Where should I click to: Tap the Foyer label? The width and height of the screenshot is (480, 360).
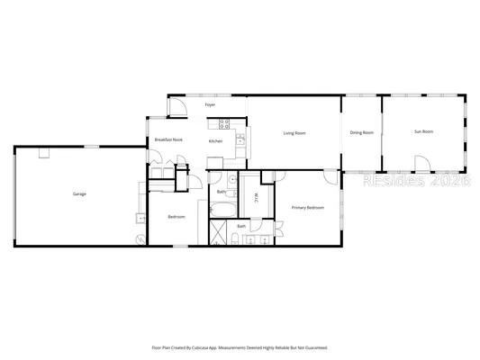(x=210, y=105)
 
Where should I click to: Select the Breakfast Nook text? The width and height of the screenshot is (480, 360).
(x=168, y=139)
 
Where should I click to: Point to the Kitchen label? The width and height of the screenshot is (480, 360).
(x=215, y=141)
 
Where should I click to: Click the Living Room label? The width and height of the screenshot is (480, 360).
(x=294, y=133)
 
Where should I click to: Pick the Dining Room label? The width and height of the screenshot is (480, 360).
(x=362, y=133)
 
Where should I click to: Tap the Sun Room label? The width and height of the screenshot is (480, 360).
(x=423, y=132)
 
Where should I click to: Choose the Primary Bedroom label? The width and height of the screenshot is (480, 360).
(x=307, y=208)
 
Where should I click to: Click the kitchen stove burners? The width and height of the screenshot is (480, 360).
(x=225, y=123)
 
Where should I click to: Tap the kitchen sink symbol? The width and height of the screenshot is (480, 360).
(x=240, y=139)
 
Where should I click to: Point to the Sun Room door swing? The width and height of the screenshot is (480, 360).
(x=421, y=163)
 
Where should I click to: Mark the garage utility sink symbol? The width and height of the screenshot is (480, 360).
(x=140, y=219)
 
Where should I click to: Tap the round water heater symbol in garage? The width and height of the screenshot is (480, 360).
(x=140, y=238)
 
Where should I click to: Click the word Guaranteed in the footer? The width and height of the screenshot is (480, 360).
(x=311, y=346)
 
